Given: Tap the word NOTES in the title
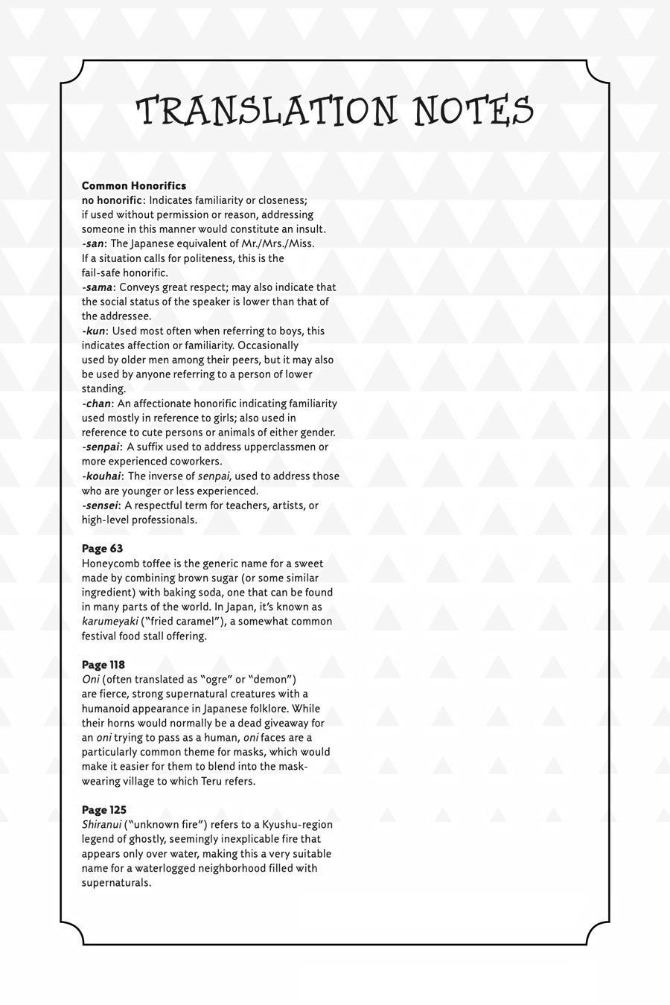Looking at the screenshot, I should (x=473, y=111).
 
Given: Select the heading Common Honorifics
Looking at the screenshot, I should (x=134, y=185).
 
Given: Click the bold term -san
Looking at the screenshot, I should (x=93, y=243).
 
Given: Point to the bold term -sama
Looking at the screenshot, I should (x=98, y=287).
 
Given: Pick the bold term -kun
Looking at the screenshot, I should (x=94, y=331).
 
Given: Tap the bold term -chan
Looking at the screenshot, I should (x=97, y=403).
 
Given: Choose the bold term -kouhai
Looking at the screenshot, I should (x=103, y=476).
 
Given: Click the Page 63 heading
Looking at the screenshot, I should (x=103, y=549).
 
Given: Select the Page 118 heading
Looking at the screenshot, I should (x=103, y=665).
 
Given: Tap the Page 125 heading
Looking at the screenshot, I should (x=104, y=810).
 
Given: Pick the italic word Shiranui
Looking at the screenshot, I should (x=102, y=825).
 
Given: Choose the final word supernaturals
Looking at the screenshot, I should (x=116, y=883).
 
